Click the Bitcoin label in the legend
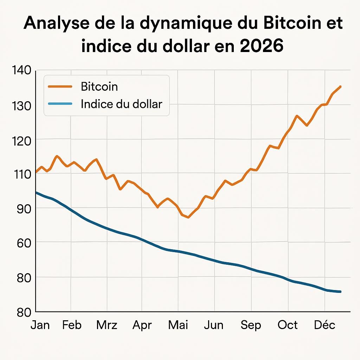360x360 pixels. (99, 86)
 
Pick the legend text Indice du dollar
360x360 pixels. (121, 104)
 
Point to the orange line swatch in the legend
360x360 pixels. (59, 86)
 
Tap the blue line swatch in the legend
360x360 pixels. (59, 104)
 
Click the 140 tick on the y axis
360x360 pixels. (21, 70)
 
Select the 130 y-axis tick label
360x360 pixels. (21, 105)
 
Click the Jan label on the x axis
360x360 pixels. (40, 325)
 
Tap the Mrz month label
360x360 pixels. (107, 325)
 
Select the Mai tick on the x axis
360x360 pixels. (178, 325)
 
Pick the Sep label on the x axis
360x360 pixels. (251, 325)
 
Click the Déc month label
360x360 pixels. (324, 325)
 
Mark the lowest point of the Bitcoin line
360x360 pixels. (188, 217)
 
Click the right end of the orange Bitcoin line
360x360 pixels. (340, 86)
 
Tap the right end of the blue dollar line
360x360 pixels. (340, 291)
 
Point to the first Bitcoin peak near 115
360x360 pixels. (57, 156)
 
